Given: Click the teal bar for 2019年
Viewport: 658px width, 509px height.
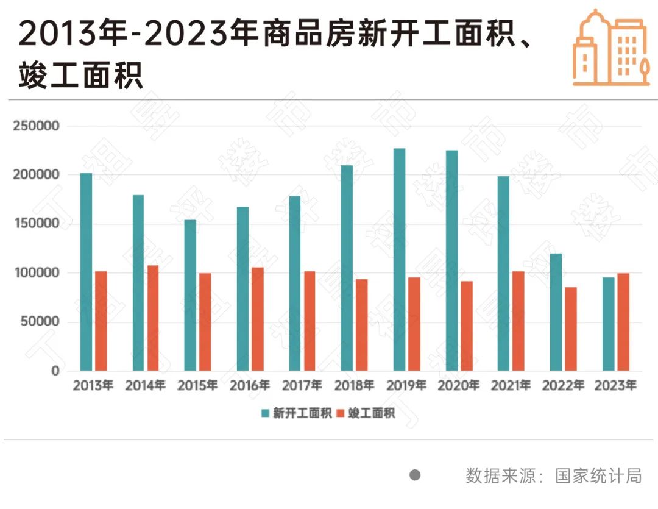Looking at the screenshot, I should point(399,260).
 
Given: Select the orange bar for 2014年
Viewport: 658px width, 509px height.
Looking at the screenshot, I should point(153,318).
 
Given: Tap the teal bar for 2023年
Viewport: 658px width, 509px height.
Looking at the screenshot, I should point(608,324).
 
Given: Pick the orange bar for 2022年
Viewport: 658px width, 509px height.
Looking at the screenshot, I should point(570,329).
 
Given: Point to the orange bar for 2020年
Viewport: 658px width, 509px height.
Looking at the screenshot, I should point(466,326).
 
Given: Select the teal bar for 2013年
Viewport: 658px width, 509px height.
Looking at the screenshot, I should point(86,272).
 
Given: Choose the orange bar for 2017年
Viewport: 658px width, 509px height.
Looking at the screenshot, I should point(310,321).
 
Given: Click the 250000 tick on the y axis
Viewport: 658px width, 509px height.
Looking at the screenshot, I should point(36,126).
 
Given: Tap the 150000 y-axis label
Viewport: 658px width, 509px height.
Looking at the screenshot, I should point(36,224).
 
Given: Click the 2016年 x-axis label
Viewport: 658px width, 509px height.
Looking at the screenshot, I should point(250,386).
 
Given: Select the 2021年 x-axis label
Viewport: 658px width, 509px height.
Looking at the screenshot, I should point(511,386).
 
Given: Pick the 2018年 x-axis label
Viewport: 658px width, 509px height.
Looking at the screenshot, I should point(354,386).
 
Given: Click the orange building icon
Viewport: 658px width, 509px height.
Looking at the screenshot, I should point(610,49).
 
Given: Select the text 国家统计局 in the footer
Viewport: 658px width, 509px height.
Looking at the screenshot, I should point(598,475).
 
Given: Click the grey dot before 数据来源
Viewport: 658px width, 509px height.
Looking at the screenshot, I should point(415,475).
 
